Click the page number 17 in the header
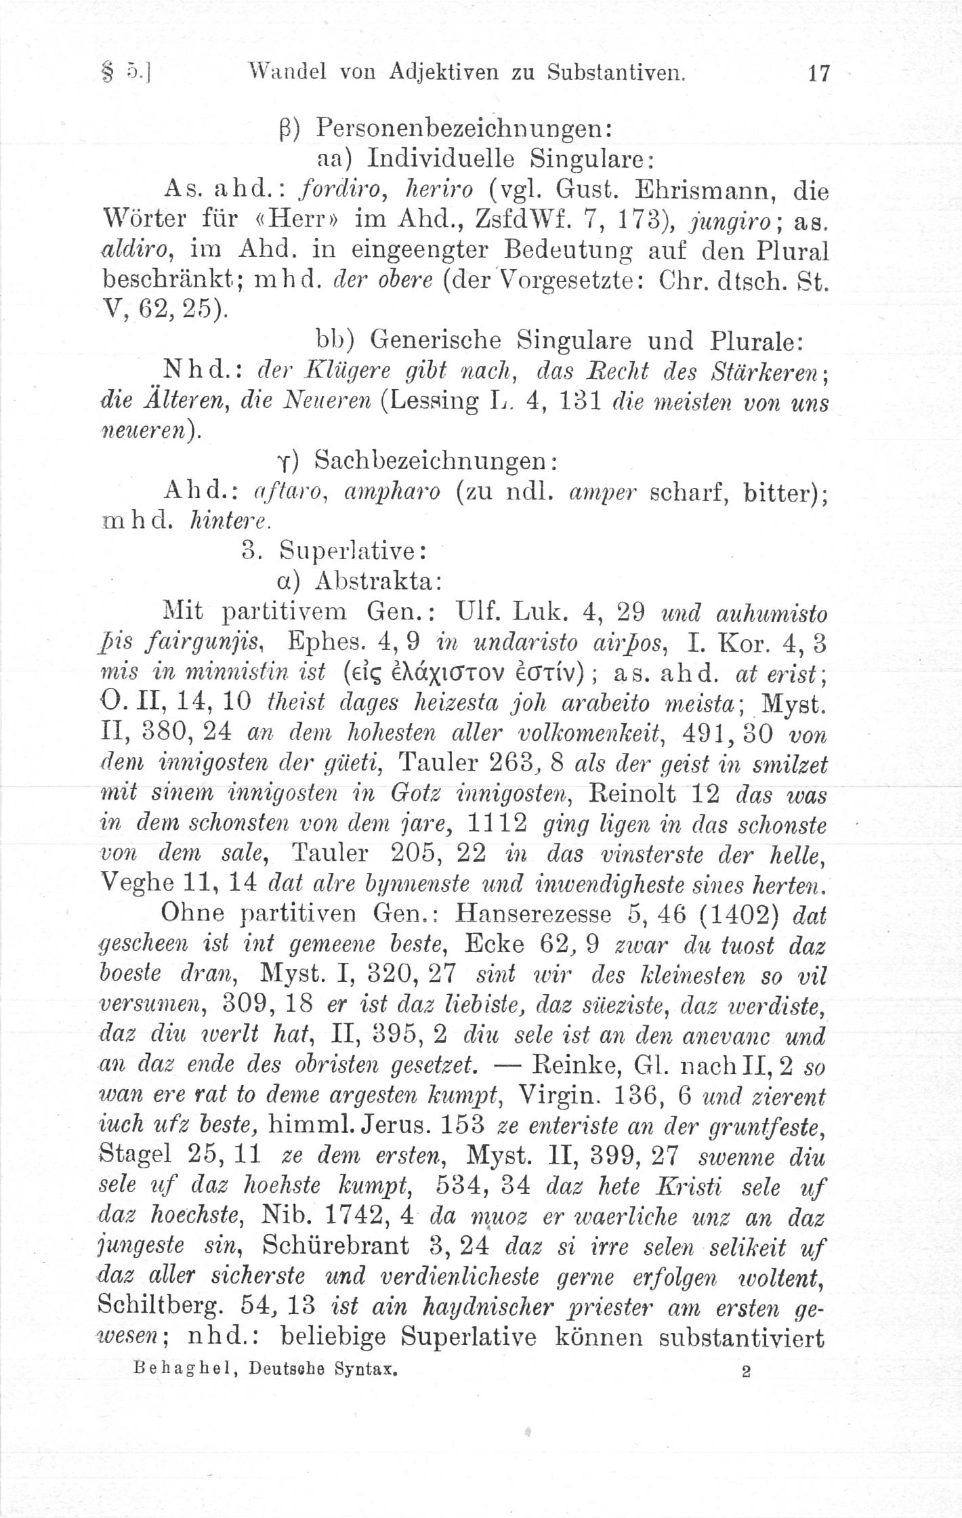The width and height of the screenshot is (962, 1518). [818, 73]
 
